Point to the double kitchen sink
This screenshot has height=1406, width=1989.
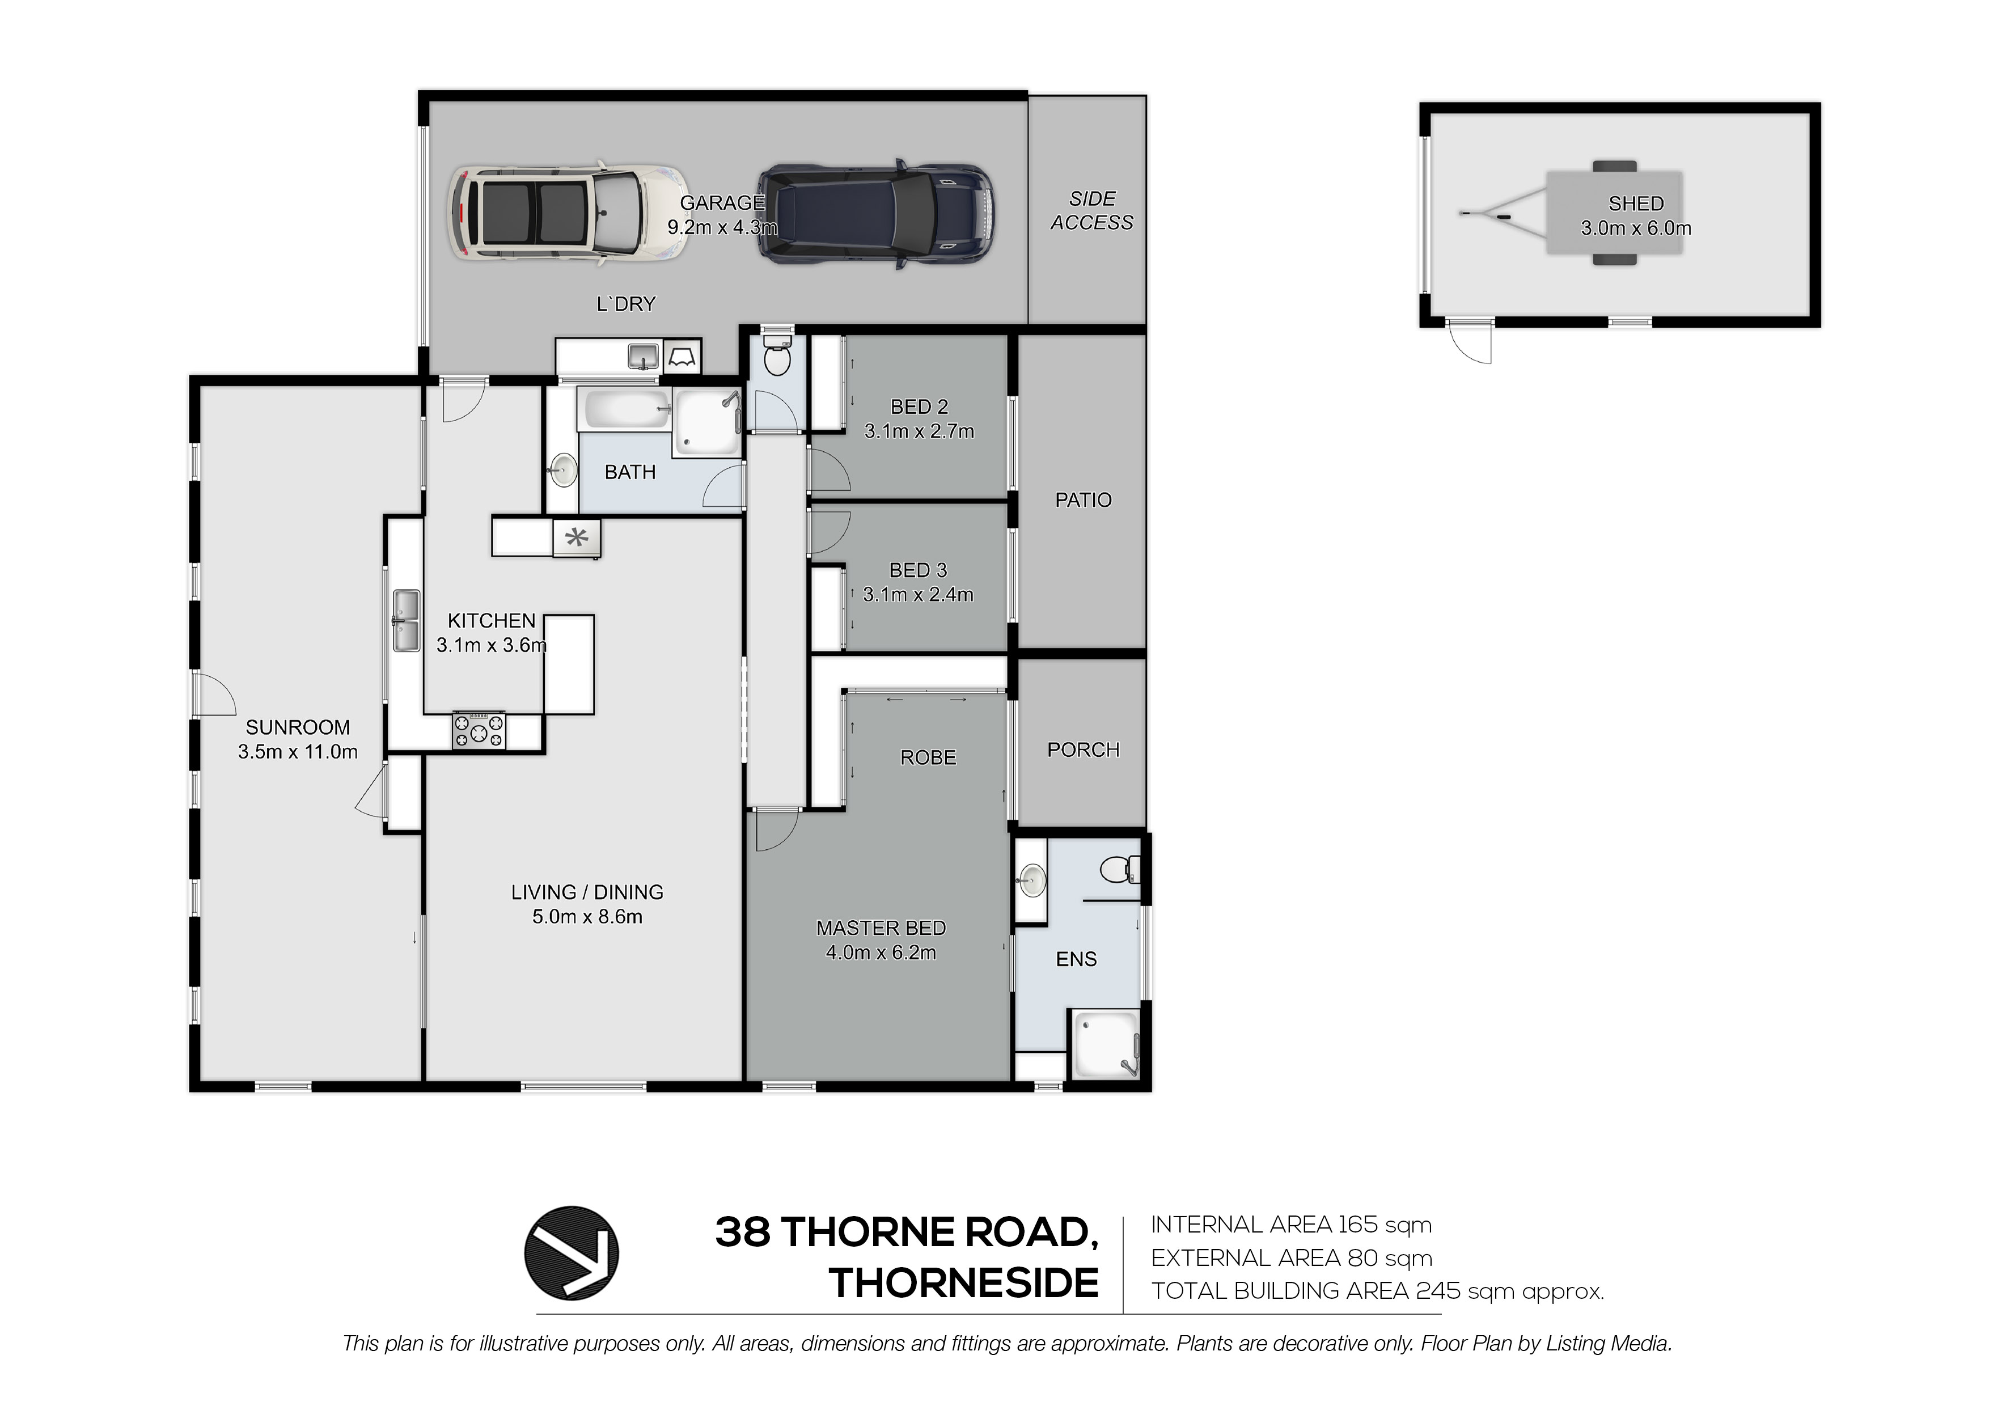pos(405,620)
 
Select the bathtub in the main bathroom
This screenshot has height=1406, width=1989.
pos(625,409)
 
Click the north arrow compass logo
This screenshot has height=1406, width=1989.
pos(571,1253)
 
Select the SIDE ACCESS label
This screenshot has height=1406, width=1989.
pos(1091,210)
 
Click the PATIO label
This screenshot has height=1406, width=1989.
pos(1083,500)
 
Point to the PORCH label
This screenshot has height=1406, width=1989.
pos(1083,750)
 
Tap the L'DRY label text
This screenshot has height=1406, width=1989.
pos(625,304)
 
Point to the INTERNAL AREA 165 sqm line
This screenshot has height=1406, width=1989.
pos(1291,1225)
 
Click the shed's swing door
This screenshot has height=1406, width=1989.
pos(1470,341)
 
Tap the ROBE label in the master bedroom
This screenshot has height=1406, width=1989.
pos(928,758)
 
